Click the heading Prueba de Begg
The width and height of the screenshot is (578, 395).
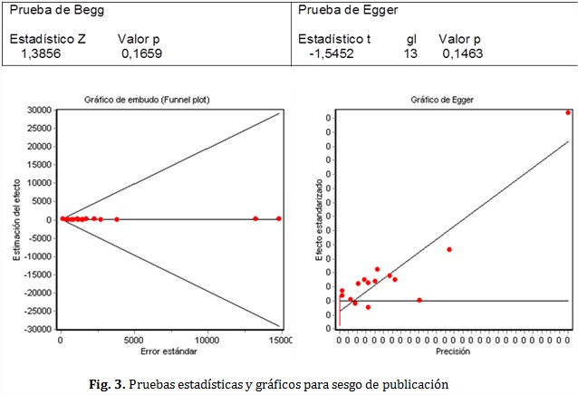click(57, 10)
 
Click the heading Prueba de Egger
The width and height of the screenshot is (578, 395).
click(348, 10)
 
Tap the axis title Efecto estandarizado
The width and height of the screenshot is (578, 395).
click(318, 219)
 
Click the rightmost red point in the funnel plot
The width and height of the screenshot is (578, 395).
click(279, 218)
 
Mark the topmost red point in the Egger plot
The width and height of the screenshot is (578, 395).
click(568, 112)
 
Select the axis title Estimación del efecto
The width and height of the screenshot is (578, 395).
click(17, 219)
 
